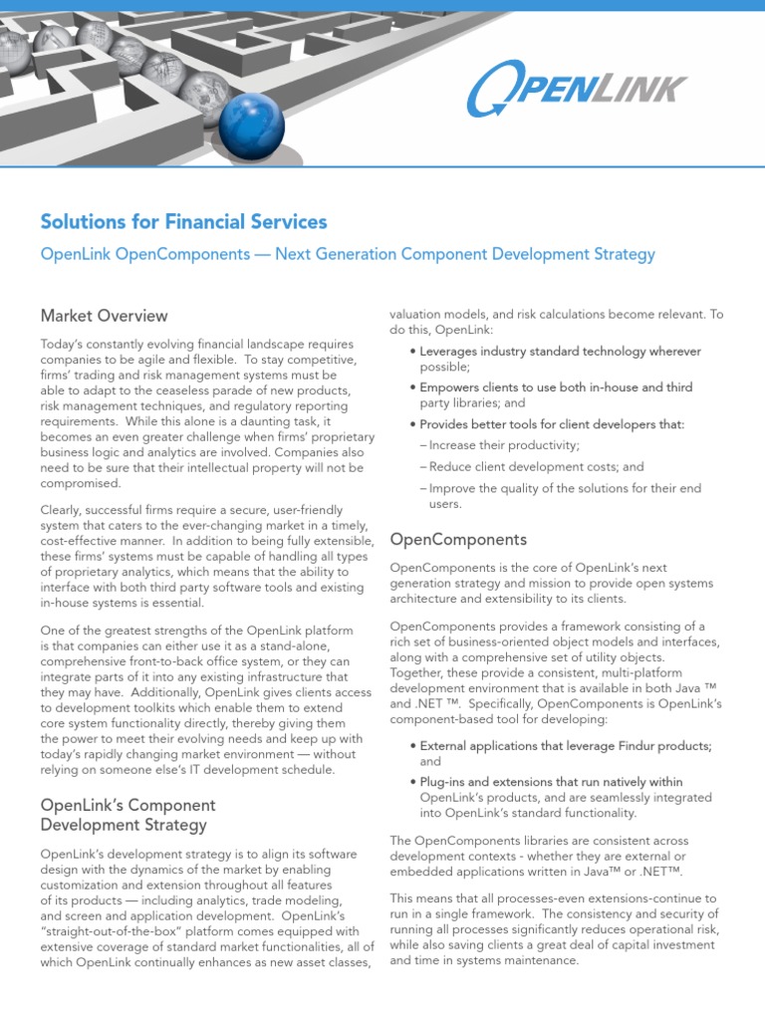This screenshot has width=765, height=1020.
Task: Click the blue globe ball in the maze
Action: (251, 127)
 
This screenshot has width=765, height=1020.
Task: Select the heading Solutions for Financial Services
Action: (183, 221)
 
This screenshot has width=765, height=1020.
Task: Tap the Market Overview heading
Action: (104, 316)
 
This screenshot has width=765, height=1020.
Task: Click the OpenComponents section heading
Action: (458, 540)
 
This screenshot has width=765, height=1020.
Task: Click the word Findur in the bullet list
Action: (626, 746)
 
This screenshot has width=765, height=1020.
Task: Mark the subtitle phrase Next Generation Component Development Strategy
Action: (465, 254)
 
